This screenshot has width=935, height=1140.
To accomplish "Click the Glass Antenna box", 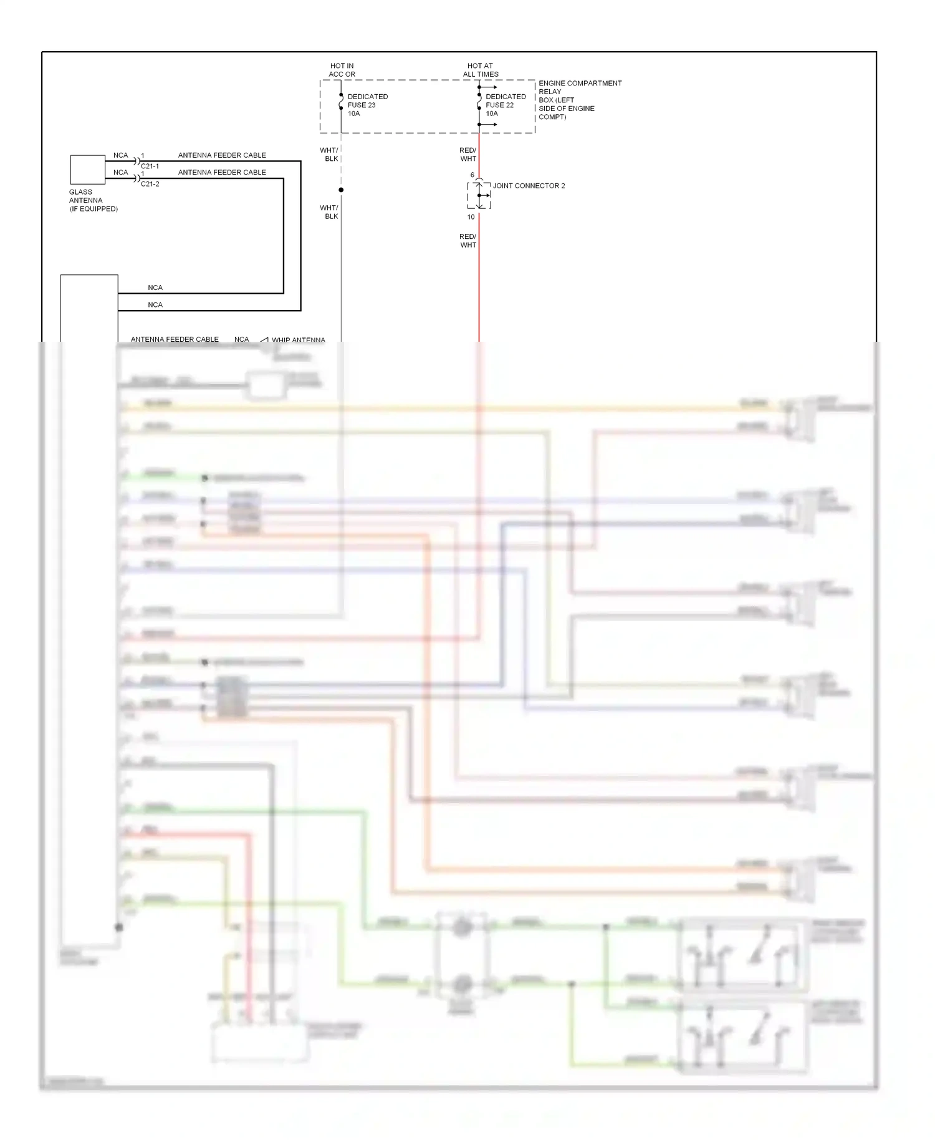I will [x=87, y=170].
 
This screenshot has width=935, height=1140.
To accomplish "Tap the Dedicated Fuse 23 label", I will [x=367, y=105].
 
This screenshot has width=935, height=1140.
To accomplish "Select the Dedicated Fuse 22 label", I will [x=506, y=105].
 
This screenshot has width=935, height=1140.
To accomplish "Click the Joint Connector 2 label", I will [x=529, y=186].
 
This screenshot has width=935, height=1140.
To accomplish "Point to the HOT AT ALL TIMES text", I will [x=481, y=70].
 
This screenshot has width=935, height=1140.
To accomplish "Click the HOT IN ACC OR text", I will [x=342, y=70].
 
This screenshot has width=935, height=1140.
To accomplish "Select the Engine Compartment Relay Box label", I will [x=579, y=100].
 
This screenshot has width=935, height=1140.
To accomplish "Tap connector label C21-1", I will [x=150, y=167].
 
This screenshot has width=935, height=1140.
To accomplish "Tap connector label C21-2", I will [x=150, y=184].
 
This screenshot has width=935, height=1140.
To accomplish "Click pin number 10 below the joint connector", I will [x=471, y=217].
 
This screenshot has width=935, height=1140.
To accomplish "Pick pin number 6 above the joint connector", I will [x=472, y=175].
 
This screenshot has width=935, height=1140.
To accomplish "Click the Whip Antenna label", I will [x=297, y=340].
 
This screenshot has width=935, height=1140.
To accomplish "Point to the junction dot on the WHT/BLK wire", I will [x=341, y=190].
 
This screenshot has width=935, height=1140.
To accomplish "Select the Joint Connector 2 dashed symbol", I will [x=479, y=195].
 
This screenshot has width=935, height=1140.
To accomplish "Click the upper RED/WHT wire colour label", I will [x=467, y=155].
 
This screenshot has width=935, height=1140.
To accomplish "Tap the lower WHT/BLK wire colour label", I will [x=330, y=212].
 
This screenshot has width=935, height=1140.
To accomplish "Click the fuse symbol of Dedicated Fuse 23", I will [x=341, y=102].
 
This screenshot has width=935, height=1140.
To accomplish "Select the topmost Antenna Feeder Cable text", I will [x=222, y=155].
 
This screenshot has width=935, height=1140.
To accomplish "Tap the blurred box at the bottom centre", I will [x=259, y=1041].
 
